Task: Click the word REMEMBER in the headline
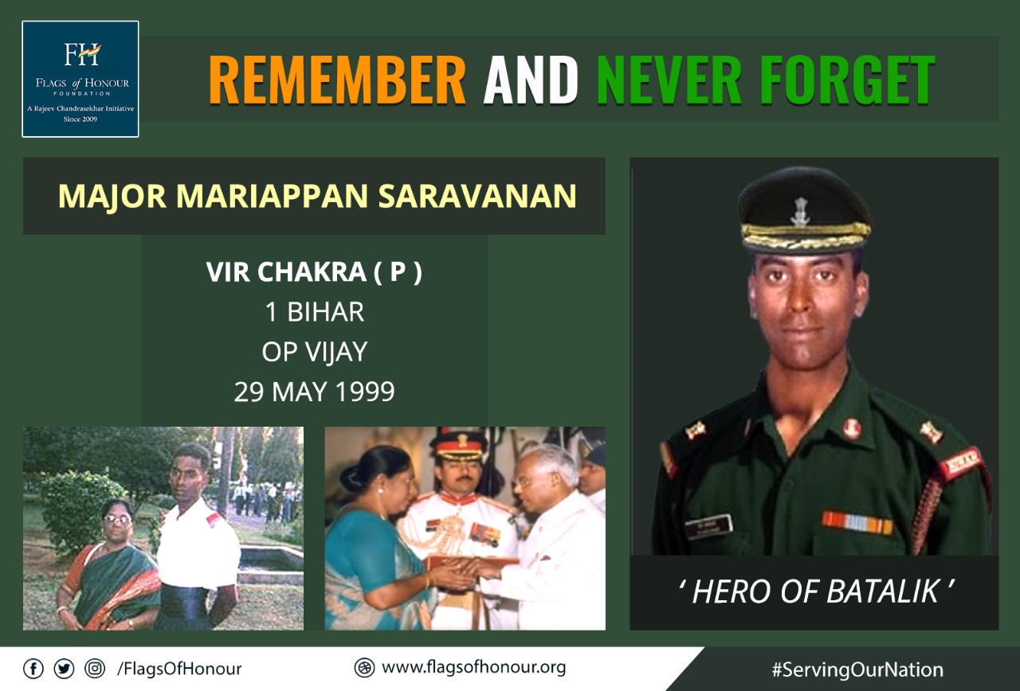coord(337,80)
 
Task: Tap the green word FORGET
coord(847,80)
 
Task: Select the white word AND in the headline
coord(531,80)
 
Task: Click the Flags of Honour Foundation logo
coord(80,79)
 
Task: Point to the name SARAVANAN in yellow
coord(477,196)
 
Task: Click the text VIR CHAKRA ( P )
coord(314,272)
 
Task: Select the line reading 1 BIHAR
coord(315,312)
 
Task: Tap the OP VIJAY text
coord(315,352)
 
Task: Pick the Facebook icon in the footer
coord(33,670)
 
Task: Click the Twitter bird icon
coord(64,670)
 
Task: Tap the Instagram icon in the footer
coord(95,670)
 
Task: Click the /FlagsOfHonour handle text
coord(179,670)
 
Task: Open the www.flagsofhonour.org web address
coord(473,668)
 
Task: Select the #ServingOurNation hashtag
coord(857,670)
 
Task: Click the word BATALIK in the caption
coord(882,591)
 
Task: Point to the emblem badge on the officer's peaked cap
coord(800,212)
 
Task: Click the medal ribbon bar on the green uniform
coord(857,522)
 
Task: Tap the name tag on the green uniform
coord(709,527)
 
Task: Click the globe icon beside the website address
coord(364,668)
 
